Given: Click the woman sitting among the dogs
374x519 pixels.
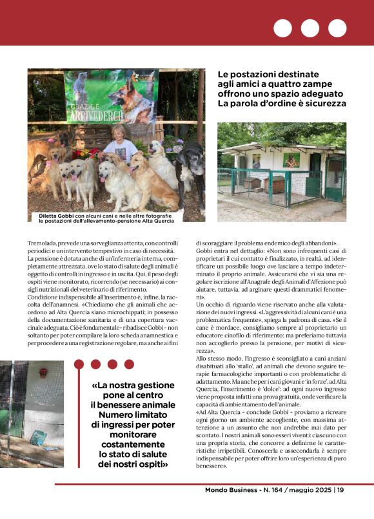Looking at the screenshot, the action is tap(121, 146).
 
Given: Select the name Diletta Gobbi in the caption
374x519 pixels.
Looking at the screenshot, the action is tap(52, 215).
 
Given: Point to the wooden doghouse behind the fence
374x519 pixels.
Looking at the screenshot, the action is tap(259, 184).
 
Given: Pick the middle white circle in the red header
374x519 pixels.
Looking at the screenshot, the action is tap(310, 28).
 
